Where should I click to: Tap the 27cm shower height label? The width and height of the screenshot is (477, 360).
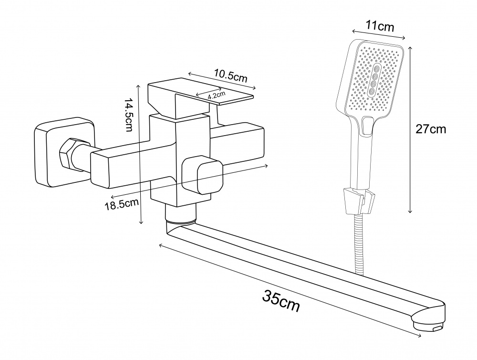tap(431, 129)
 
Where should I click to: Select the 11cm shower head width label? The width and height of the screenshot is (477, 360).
tap(380, 26)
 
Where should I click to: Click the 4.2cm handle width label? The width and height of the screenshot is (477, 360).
tap(216, 96)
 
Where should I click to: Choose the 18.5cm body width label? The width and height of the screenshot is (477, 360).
tap(122, 204)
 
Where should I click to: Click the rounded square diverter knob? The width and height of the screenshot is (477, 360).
tap(204, 175)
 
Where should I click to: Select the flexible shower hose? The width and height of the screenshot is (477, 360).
tap(359, 244)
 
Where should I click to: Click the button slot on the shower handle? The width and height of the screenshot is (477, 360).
tap(366, 127)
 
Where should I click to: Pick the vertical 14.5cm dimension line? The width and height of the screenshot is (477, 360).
tap(140, 153)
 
